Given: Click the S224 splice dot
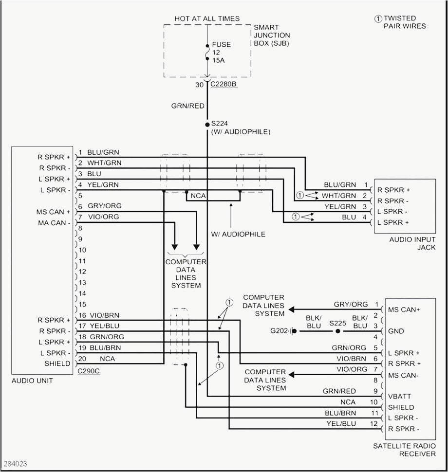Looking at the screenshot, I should (x=207, y=125).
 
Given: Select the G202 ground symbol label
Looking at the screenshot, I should (x=280, y=331).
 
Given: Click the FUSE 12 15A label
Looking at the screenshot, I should (x=222, y=52).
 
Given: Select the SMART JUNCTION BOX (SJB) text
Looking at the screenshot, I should (x=272, y=36).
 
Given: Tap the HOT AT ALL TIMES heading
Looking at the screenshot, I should (x=207, y=18).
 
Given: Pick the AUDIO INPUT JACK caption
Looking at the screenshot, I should (x=412, y=244).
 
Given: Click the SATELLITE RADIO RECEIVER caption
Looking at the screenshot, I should (x=404, y=450).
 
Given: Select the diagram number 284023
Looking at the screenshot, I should (x=16, y=463).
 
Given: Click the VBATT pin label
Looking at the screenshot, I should (x=399, y=397).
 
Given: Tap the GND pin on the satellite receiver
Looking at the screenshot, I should (x=395, y=331).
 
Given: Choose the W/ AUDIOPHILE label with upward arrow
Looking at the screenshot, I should (x=238, y=234).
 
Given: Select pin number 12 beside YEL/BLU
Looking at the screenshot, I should (x=374, y=424).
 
